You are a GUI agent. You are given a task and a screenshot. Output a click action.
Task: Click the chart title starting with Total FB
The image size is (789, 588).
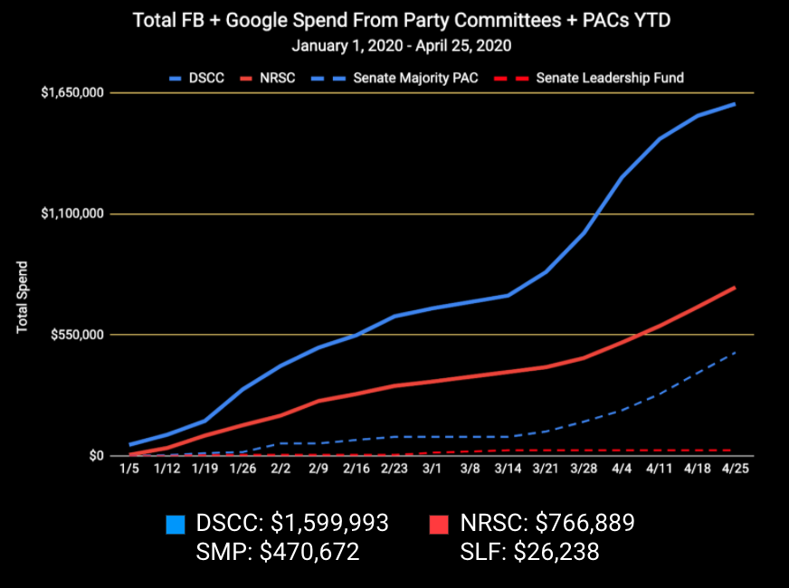tap(394, 20)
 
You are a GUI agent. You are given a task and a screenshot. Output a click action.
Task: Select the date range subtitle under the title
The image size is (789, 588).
tap(394, 43)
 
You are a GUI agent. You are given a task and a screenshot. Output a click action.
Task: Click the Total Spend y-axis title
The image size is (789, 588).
tap(23, 298)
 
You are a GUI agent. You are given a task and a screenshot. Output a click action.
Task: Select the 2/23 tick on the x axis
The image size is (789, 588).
tap(394, 470)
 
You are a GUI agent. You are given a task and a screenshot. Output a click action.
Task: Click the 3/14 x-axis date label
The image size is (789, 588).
tap(508, 470)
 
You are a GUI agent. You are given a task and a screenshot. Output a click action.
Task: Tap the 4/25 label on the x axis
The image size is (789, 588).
tap(734, 470)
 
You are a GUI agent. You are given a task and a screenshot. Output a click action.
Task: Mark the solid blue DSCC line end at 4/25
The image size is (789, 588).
tap(734, 104)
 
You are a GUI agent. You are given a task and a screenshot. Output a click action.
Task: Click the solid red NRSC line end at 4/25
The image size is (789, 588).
tap(734, 288)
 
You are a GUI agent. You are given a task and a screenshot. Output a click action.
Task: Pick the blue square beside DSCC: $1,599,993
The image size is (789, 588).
tap(176, 524)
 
